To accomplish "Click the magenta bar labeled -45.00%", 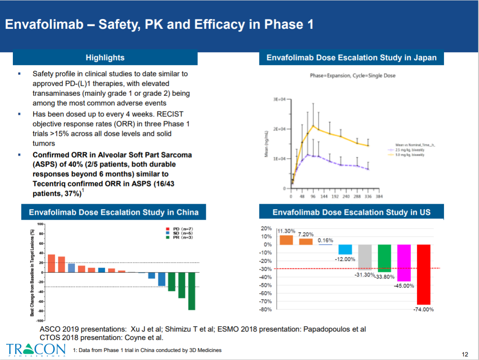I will (x=404, y=263).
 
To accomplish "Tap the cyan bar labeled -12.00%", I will (x=345, y=249).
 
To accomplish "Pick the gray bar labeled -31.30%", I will (x=365, y=257).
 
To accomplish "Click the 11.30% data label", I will (x=286, y=231).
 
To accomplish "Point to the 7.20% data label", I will (x=306, y=234).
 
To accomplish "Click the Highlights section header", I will (x=105, y=58).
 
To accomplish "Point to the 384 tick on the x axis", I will (x=379, y=196).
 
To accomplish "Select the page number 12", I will (x=465, y=354).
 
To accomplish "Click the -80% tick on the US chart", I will (x=266, y=309).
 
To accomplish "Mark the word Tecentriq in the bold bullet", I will (x=50, y=184).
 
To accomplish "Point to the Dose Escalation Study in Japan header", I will (x=351, y=58).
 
